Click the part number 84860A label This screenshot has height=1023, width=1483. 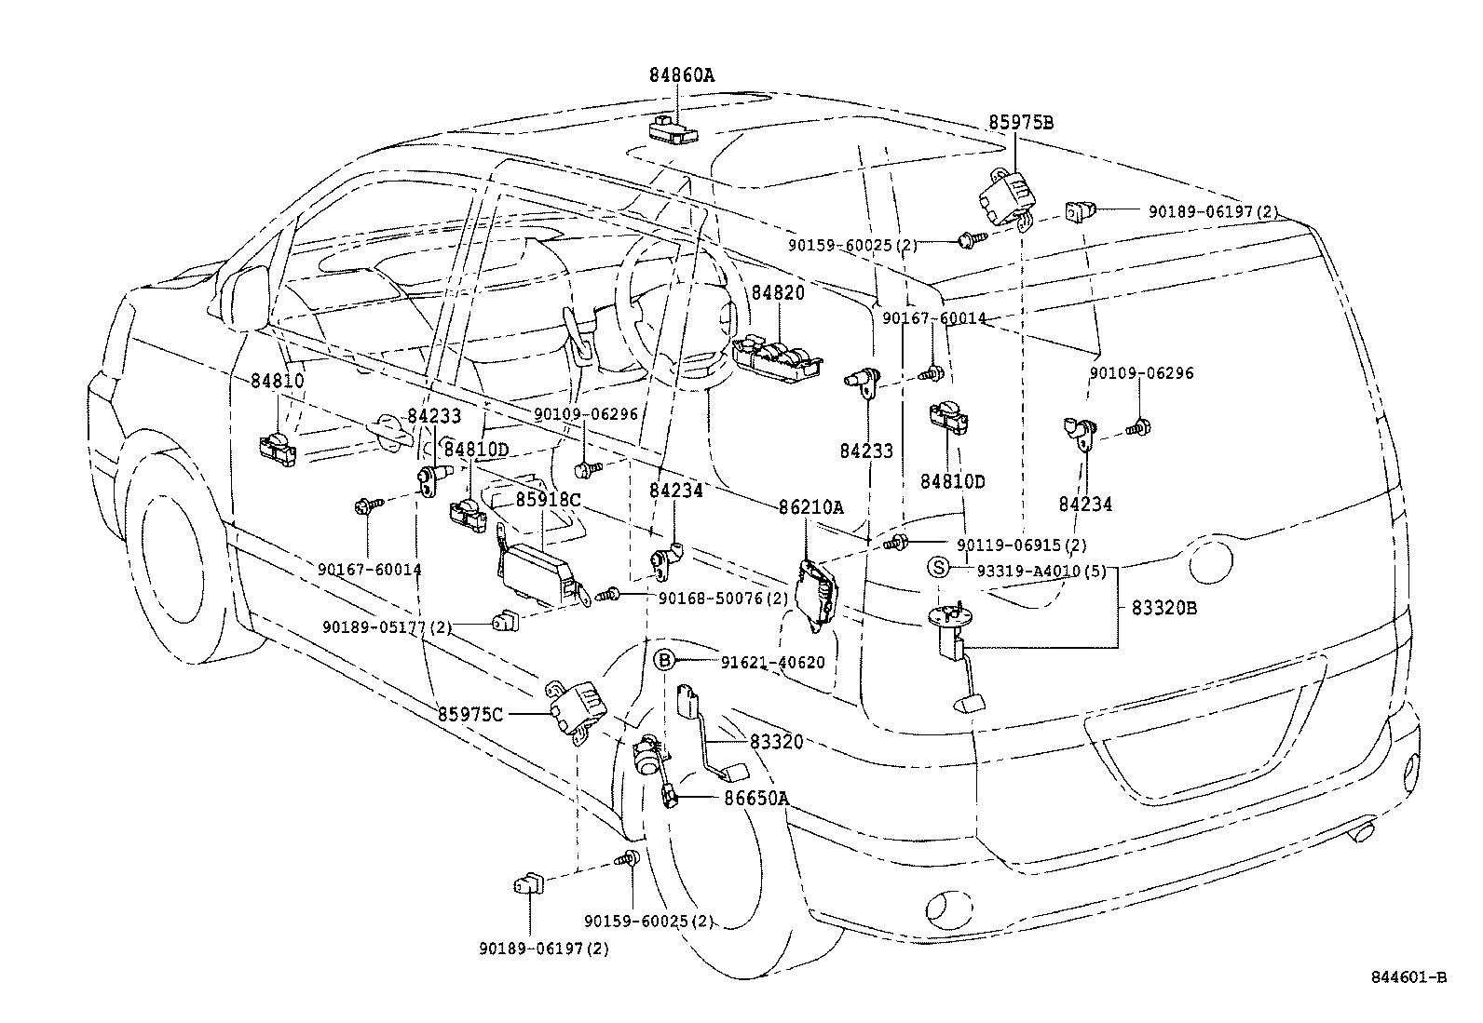pyautogui.click(x=682, y=75)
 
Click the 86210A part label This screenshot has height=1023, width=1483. pyautogui.click(x=811, y=507)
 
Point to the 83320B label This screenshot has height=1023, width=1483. pyautogui.click(x=1163, y=609)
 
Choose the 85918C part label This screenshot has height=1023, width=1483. pyautogui.click(x=548, y=500)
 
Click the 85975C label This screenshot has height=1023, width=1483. pyautogui.click(x=470, y=714)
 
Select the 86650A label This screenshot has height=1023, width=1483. pyautogui.click(x=756, y=798)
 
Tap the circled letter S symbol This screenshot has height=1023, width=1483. pyautogui.click(x=938, y=567)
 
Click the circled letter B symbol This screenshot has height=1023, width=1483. pyautogui.click(x=663, y=661)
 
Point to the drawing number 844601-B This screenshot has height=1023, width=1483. pyautogui.click(x=1408, y=976)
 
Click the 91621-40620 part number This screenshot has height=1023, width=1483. pyautogui.click(x=772, y=662)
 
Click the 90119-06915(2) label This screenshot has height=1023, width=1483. pyautogui.click(x=1021, y=545)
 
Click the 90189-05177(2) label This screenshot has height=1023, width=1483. pyautogui.click(x=387, y=627)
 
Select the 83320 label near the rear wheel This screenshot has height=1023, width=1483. pyautogui.click(x=776, y=741)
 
